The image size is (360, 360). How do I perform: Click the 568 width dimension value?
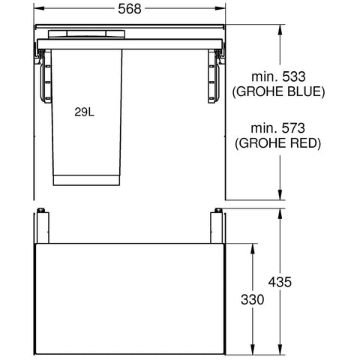[x=130, y=9]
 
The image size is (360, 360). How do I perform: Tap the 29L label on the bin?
[x=84, y=112]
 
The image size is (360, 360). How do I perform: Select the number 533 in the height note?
[x=294, y=76]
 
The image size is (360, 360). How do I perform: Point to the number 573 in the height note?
[x=293, y=128]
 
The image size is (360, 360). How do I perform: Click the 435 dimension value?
[x=280, y=282]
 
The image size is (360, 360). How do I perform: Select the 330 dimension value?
[x=253, y=299]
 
